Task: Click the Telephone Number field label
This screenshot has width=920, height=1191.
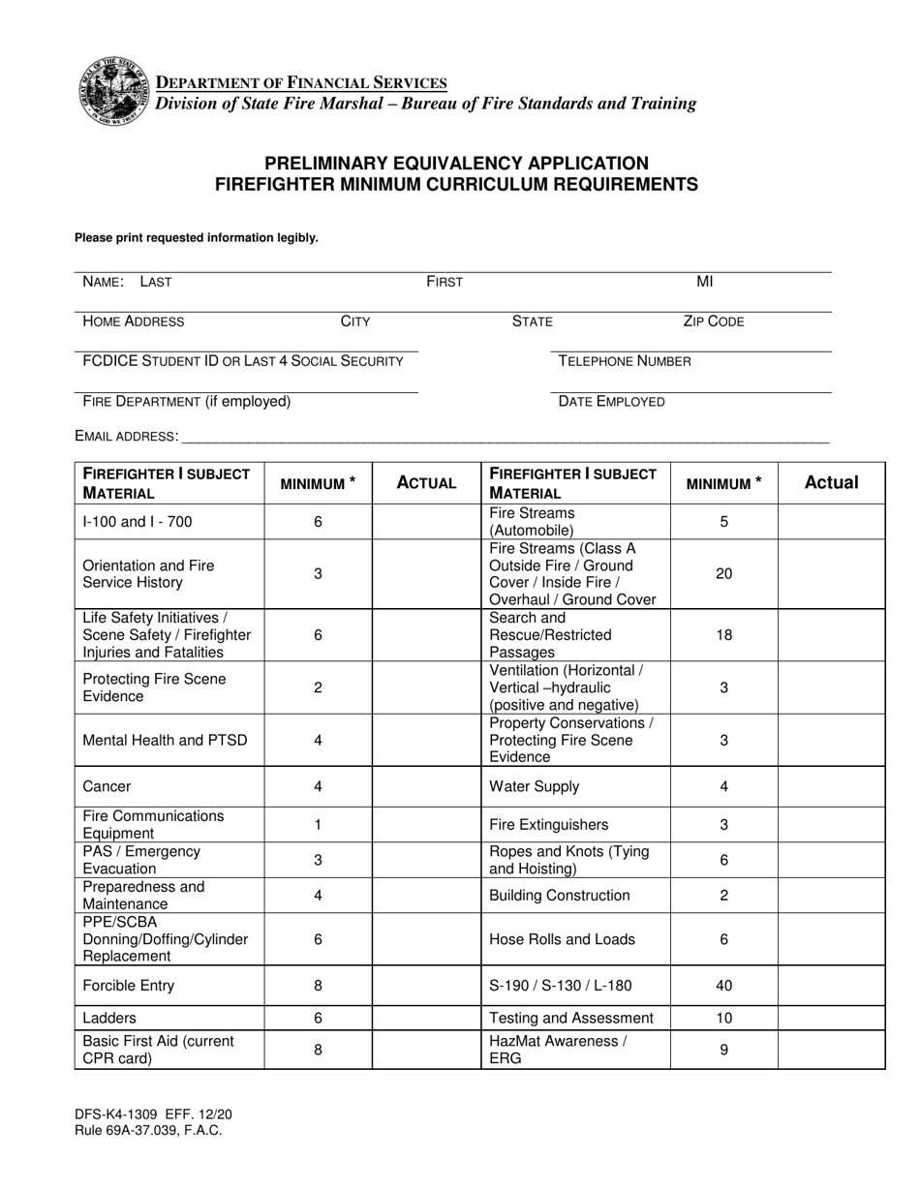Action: point(625,361)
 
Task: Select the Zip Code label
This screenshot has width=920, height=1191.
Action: point(713,321)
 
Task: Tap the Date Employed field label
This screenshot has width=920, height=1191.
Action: point(611,401)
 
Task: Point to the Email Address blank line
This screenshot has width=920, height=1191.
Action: point(504,436)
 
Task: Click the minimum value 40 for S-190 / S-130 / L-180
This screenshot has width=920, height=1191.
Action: point(723,986)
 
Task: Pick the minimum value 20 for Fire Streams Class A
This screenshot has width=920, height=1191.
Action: point(723,573)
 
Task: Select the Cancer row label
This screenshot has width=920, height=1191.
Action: point(107,786)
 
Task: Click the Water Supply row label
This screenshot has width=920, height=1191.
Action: point(535,786)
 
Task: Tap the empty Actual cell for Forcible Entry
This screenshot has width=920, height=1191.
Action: point(426,986)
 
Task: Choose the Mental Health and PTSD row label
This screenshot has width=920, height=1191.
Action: point(165,740)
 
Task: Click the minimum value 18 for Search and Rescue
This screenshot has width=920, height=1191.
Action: point(723,635)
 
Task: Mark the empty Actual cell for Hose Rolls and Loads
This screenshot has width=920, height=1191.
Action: point(831,938)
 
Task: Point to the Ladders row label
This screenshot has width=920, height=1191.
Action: point(109,1018)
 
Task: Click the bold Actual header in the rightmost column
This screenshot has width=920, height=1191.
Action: point(831,482)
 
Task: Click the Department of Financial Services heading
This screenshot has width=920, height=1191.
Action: point(301,83)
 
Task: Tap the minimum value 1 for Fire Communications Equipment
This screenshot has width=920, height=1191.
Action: point(318,825)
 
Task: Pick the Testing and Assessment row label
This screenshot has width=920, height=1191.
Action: point(571,1018)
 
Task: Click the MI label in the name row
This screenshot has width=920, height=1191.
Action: point(704,282)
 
